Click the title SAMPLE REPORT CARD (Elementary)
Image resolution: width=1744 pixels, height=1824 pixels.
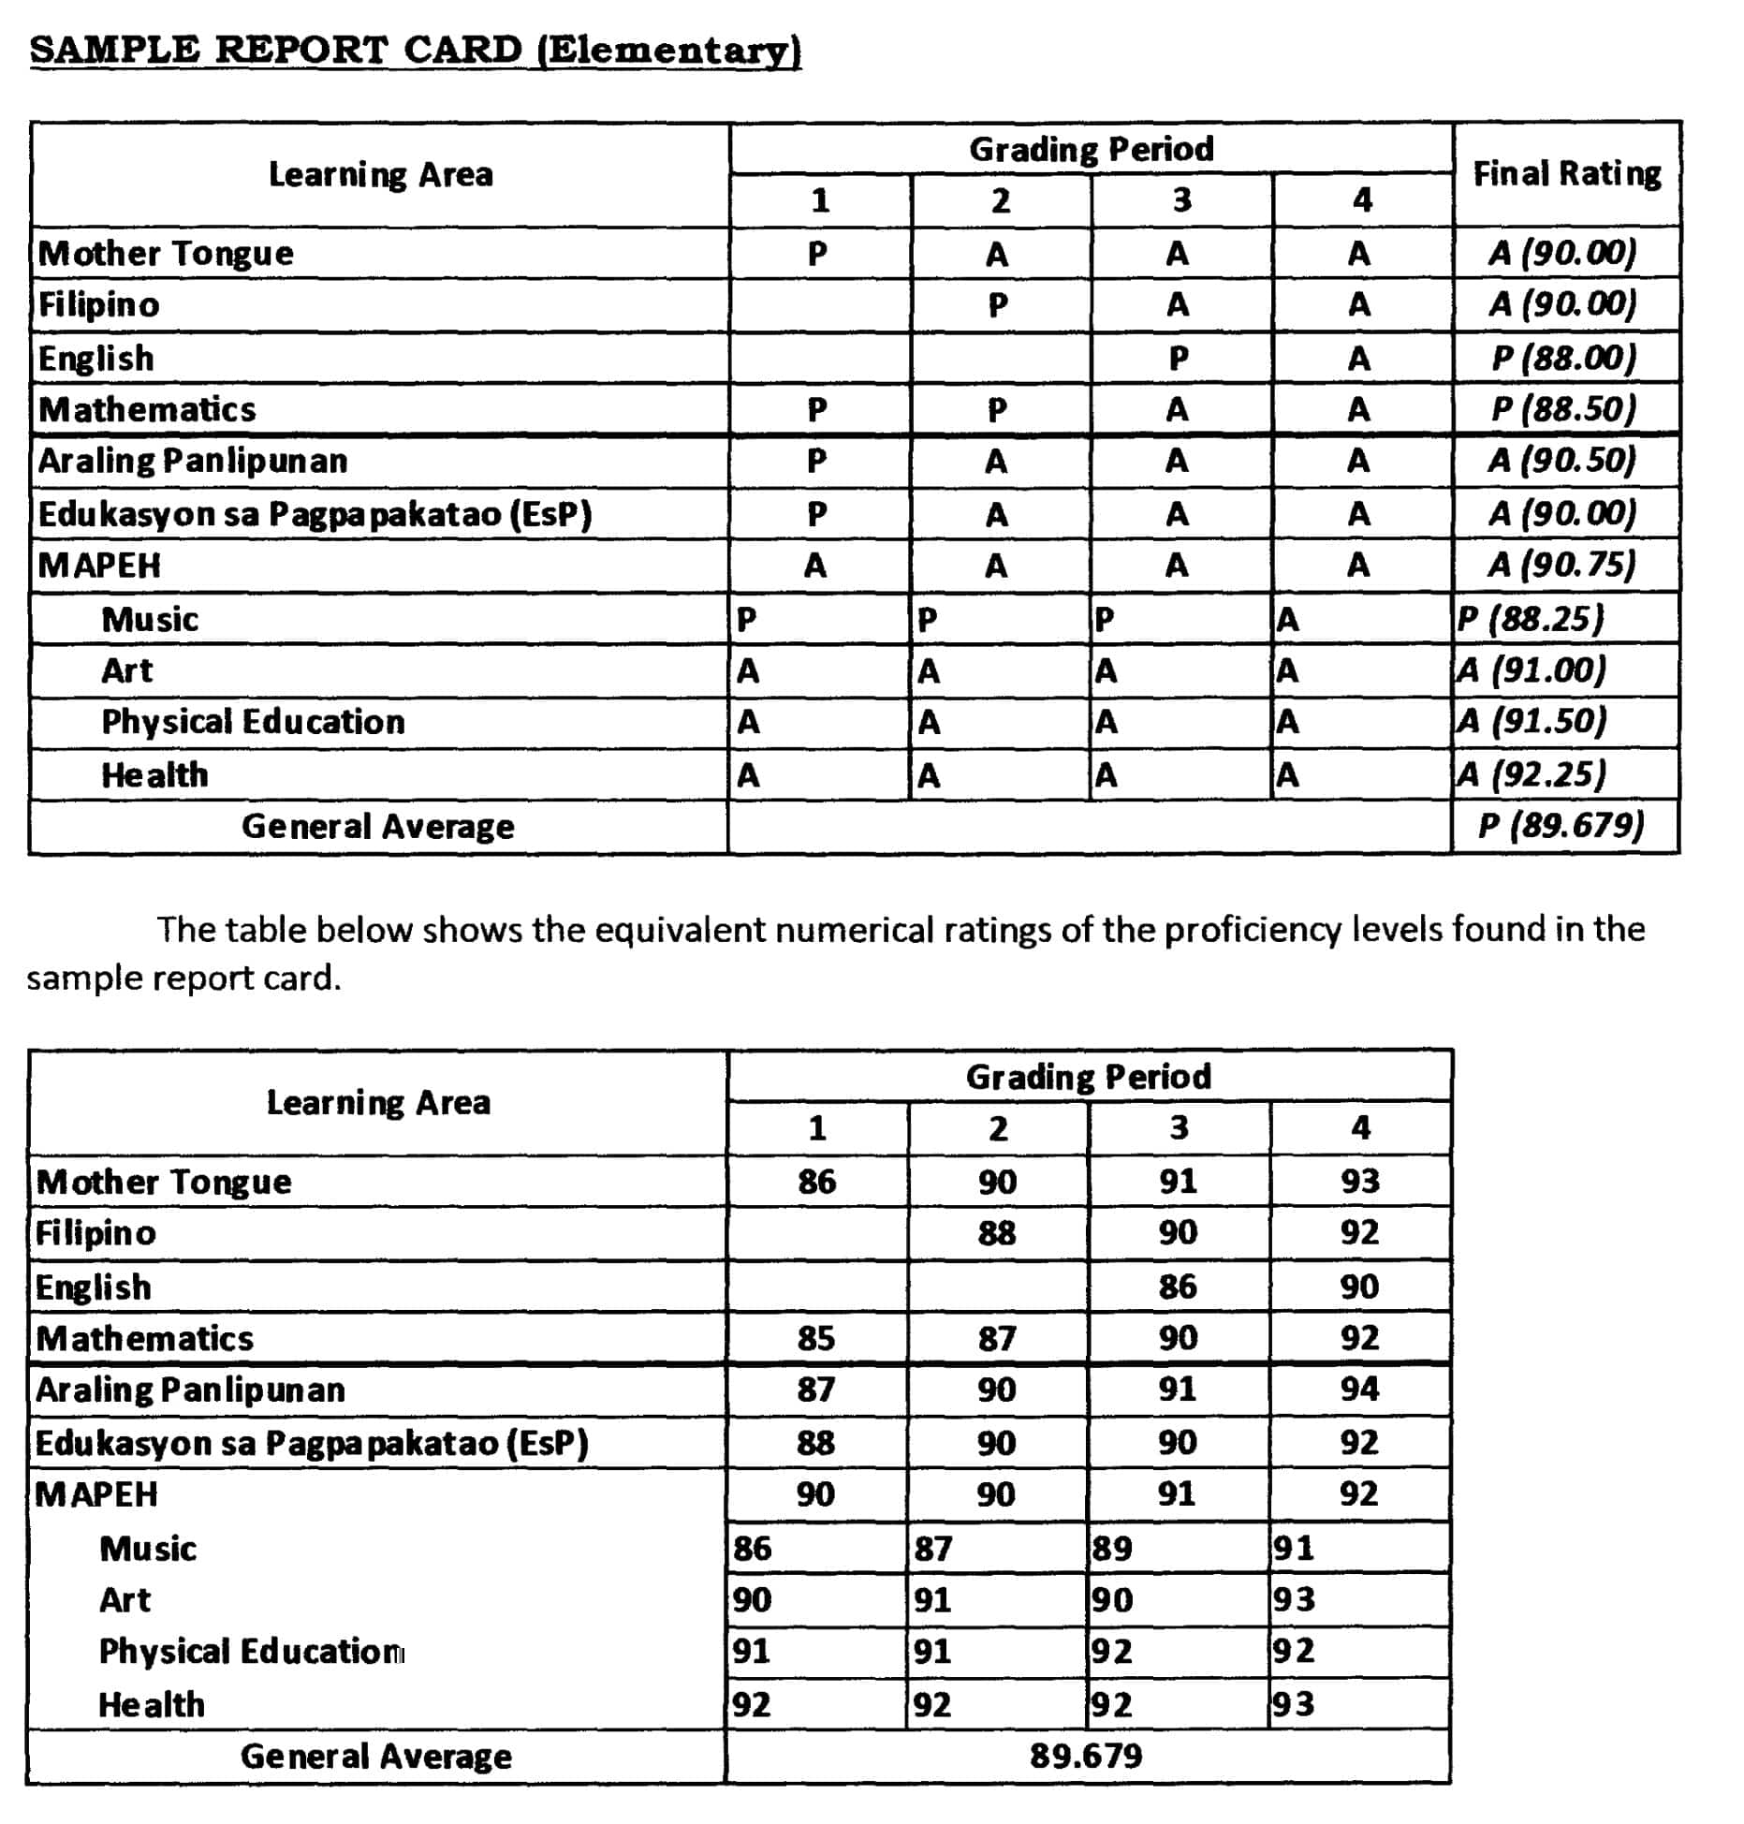[415, 50]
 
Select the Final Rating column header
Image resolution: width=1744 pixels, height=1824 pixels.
[1566, 174]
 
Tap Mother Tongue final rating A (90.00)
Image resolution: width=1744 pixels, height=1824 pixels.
[1562, 253]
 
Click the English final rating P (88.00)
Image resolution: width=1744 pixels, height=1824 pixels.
[1563, 358]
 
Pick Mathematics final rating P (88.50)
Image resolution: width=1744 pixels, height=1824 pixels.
[1563, 409]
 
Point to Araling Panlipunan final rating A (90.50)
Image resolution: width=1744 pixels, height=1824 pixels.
[1562, 461]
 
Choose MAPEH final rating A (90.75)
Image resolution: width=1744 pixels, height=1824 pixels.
[1562, 565]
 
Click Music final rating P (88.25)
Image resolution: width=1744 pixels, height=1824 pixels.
[1531, 619]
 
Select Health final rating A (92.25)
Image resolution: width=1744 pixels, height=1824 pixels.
[1531, 774]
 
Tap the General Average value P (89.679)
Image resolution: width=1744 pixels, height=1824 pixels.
[1561, 826]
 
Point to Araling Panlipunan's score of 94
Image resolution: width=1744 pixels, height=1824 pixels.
[1359, 1389]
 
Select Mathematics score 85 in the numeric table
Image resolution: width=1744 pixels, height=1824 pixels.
[816, 1338]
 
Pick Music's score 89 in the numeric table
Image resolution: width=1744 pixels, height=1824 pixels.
[1113, 1549]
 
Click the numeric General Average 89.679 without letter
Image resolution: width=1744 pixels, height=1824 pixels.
[1086, 1756]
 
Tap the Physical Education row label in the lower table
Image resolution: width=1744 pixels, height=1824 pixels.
[251, 1652]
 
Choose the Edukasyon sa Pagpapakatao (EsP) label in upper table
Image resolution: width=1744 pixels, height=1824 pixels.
[315, 514]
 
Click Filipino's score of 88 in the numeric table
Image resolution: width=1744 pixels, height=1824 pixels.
[997, 1233]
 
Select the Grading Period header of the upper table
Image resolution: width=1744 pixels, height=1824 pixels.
[1091, 149]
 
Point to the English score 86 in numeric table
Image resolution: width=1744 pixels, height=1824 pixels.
[1178, 1287]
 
